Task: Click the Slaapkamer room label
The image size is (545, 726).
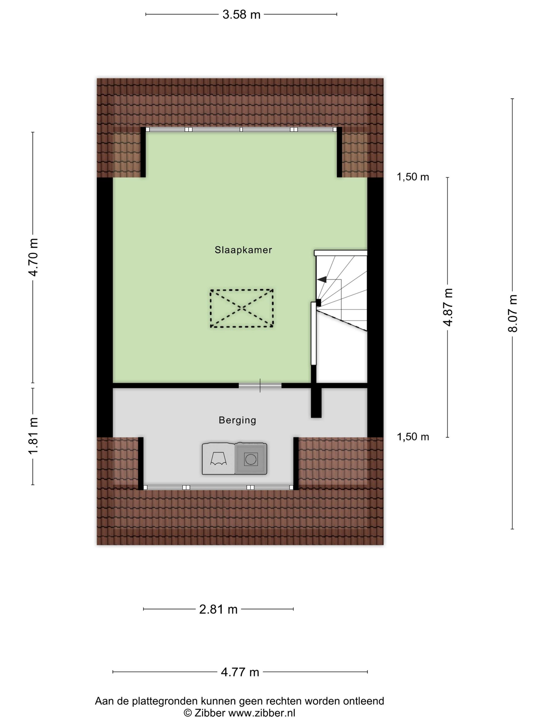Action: coord(243,250)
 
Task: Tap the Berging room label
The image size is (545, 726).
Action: coord(237,420)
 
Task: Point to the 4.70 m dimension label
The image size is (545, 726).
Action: coord(34,257)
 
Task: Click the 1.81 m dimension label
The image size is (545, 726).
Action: coord(34,436)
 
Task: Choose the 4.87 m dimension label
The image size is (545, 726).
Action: coord(448,307)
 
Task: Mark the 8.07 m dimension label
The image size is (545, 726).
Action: coord(512,313)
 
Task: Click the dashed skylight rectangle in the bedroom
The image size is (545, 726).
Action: coord(241,308)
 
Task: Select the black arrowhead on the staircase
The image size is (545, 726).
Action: coord(322,280)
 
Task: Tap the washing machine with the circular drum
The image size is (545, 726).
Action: coord(251,459)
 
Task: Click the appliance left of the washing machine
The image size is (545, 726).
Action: coord(218,459)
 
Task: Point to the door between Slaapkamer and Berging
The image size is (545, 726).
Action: coord(260,385)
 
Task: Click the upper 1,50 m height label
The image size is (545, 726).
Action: coord(413,177)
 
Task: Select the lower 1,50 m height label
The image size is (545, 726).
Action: coord(413,437)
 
